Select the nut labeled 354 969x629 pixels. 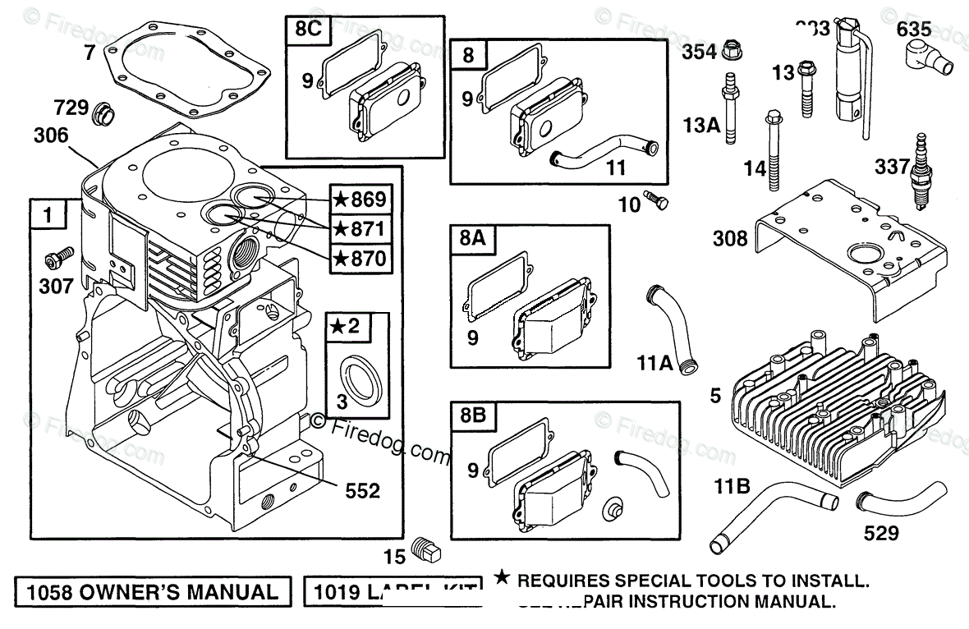coord(729,53)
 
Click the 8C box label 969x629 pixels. coord(305,31)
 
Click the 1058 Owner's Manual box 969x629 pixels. coord(153,592)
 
